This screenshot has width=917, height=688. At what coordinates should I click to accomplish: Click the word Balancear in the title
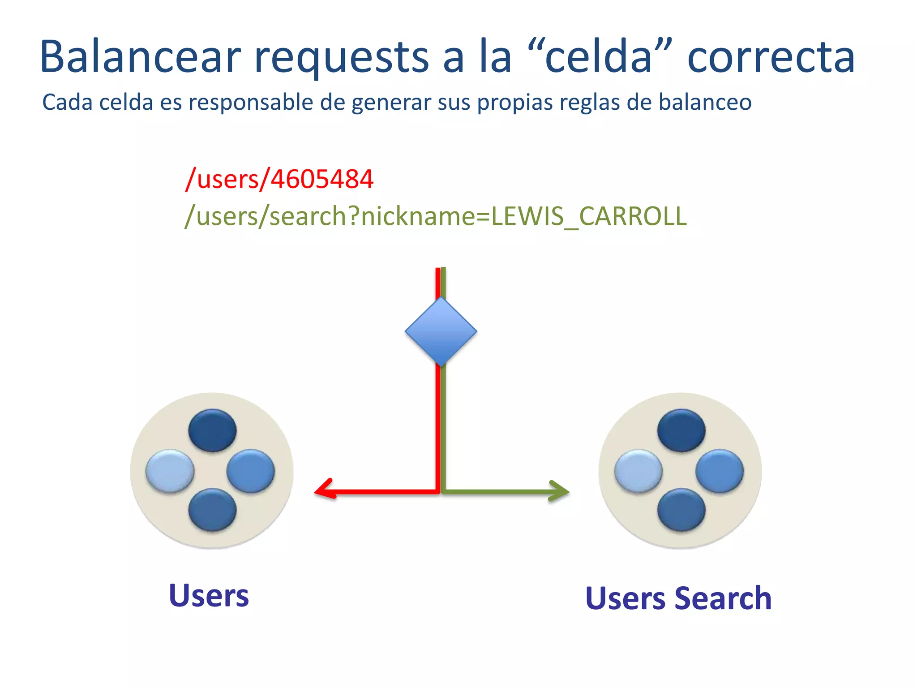coord(140,57)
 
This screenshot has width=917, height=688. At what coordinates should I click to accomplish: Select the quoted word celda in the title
coord(598,57)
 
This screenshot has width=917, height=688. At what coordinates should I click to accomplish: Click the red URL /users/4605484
coord(279,179)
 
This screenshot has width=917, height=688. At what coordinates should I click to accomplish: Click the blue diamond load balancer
coord(441,332)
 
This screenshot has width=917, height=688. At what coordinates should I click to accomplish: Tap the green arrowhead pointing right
coord(559,491)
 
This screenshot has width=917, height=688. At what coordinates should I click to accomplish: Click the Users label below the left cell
coord(209,596)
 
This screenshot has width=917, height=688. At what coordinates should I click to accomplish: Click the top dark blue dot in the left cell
coord(212,430)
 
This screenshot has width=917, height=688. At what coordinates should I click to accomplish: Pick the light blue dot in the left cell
coord(170,471)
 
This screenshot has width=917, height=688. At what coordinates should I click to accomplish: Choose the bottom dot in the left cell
coord(212,510)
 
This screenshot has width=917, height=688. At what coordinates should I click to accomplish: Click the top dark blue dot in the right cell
coord(681,430)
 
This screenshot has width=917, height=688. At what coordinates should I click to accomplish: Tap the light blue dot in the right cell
coord(638,471)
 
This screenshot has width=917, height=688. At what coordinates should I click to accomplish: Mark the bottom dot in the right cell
coord(681,510)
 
